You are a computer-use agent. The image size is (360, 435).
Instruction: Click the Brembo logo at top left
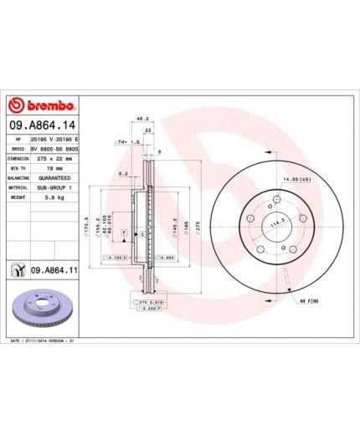pos(42,106)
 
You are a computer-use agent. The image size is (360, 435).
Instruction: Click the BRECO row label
pos(17,147)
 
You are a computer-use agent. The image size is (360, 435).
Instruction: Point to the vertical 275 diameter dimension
pos(197,223)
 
